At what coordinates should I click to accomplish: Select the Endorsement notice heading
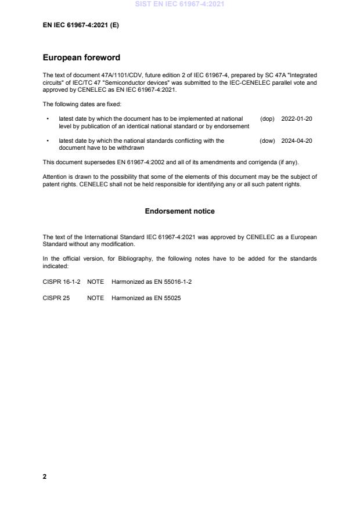click(179, 211)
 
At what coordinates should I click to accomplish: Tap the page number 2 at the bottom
click(45, 476)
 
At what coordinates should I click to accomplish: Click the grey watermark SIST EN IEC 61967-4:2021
click(179, 4)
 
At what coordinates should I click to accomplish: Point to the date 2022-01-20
click(297, 118)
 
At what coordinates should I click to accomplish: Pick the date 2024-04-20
click(297, 140)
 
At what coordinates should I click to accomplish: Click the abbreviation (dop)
click(267, 118)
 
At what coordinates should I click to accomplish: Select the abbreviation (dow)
click(267, 140)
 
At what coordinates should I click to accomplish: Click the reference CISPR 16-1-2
click(60, 281)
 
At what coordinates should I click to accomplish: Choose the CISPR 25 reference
click(56, 298)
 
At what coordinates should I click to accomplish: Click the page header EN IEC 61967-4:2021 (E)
click(81, 26)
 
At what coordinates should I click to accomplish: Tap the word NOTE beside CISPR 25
click(95, 298)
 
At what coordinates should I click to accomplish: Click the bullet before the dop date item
click(46, 119)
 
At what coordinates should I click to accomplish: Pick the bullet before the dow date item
click(46, 141)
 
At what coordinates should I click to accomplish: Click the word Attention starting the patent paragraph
click(55, 176)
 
